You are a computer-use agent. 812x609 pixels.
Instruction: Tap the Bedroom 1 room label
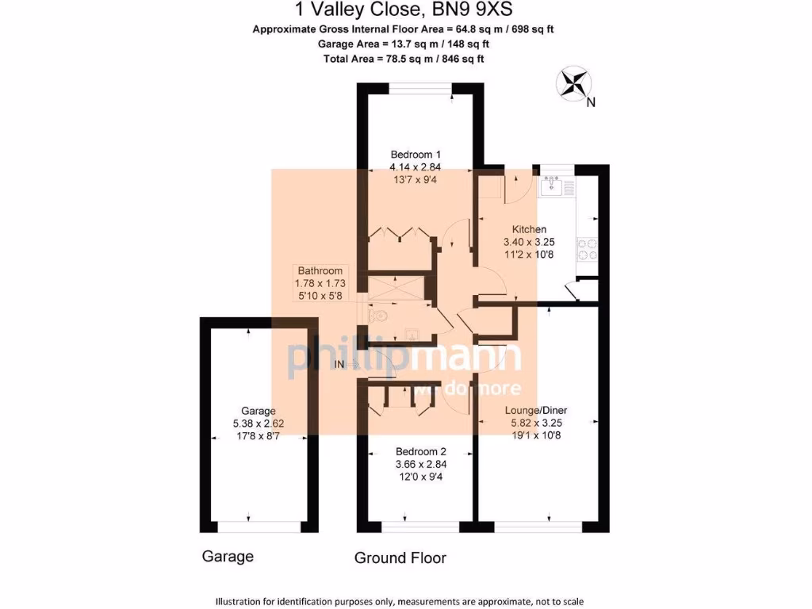point(415,155)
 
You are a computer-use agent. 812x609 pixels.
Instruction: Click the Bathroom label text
point(320,271)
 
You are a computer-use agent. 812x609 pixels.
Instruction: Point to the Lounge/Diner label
point(537,411)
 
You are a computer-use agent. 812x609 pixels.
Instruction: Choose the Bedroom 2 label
point(415,451)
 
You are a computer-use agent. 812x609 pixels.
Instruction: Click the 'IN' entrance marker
point(339,364)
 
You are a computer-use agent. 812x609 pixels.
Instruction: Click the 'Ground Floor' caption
point(400,557)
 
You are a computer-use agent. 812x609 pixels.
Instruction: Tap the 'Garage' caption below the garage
point(228,556)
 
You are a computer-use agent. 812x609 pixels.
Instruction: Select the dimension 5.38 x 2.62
point(259,423)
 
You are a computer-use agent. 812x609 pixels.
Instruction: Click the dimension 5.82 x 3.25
point(537,423)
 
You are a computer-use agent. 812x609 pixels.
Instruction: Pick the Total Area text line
point(404,59)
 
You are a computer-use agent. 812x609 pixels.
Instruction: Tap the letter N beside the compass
point(590,102)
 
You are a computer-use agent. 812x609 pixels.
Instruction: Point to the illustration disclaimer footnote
point(404,600)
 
